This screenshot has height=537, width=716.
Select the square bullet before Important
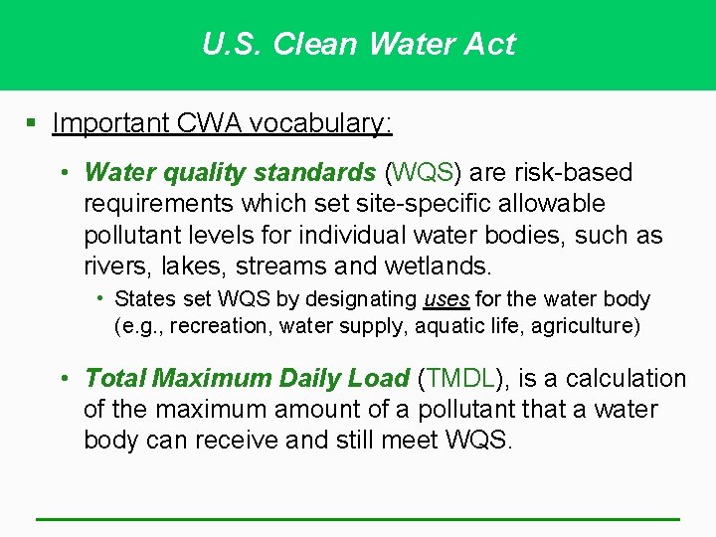(x=32, y=123)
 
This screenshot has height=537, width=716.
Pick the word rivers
(x=111, y=267)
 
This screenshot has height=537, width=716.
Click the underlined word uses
(x=447, y=299)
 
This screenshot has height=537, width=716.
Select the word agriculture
(x=580, y=325)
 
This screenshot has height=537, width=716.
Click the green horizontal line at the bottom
(x=358, y=519)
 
